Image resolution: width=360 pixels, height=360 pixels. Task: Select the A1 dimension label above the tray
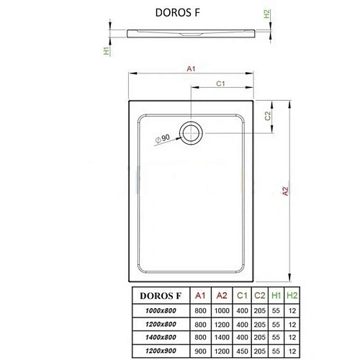(192, 69)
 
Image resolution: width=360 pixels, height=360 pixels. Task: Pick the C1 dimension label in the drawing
(222, 84)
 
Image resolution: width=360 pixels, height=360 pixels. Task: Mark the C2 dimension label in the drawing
(267, 115)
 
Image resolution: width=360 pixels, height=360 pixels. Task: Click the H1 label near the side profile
(107, 51)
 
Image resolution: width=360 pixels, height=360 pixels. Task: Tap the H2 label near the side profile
(266, 14)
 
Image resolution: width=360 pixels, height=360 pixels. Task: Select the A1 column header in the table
(201, 295)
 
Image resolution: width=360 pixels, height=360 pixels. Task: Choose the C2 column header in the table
(259, 295)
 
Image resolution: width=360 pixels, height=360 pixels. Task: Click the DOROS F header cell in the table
(153, 295)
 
